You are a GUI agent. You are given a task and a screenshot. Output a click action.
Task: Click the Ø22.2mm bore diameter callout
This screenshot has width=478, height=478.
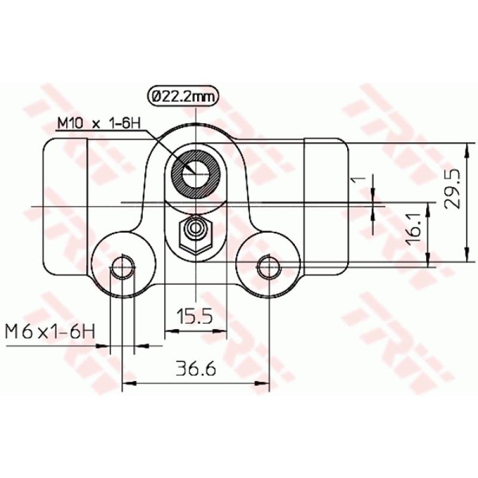[182, 96]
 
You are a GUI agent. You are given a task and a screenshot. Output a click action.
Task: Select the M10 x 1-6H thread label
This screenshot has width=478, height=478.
[98, 124]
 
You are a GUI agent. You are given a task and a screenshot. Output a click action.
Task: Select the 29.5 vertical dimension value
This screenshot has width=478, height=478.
[452, 188]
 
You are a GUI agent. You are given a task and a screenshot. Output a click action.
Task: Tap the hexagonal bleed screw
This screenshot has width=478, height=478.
[195, 231]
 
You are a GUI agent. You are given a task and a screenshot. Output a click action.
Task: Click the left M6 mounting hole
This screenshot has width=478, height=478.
[122, 267]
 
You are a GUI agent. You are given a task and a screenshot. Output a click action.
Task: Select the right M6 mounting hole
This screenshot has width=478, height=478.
[267, 267]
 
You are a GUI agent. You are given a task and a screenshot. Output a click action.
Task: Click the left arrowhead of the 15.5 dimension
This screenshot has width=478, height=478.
[170, 329]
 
